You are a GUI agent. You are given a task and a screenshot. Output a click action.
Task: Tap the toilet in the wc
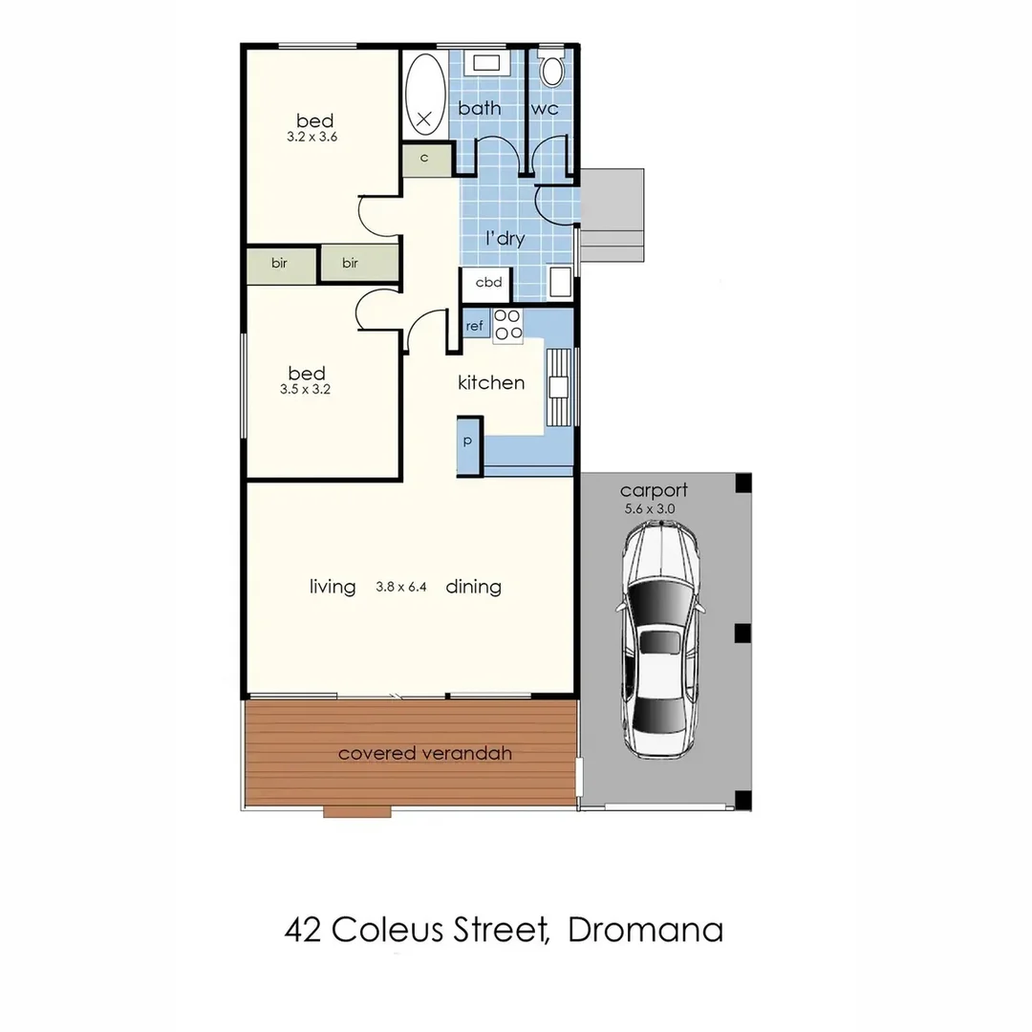tap(551, 71)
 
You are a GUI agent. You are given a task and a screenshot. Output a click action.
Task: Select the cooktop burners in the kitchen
tap(507, 325)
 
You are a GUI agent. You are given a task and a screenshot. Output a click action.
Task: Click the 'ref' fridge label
tap(475, 326)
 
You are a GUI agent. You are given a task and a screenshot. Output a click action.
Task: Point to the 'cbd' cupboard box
tap(488, 283)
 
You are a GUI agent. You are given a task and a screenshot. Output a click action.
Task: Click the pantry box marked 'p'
tap(469, 441)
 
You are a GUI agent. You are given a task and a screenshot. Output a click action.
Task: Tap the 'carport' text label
tap(654, 491)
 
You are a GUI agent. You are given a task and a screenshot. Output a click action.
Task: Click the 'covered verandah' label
tap(424, 753)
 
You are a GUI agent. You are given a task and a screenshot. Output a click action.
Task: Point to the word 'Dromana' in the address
tap(645, 929)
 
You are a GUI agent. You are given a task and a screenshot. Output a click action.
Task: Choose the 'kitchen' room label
tap(491, 382)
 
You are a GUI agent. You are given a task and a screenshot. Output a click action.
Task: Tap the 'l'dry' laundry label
tap(505, 238)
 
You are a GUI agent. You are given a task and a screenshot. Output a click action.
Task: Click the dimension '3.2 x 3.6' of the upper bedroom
tap(312, 138)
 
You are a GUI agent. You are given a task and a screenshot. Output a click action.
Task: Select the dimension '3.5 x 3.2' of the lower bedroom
tap(305, 390)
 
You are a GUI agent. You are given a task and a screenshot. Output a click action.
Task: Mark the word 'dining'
tap(473, 587)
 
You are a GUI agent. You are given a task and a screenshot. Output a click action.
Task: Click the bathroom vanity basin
tap(486, 65)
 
